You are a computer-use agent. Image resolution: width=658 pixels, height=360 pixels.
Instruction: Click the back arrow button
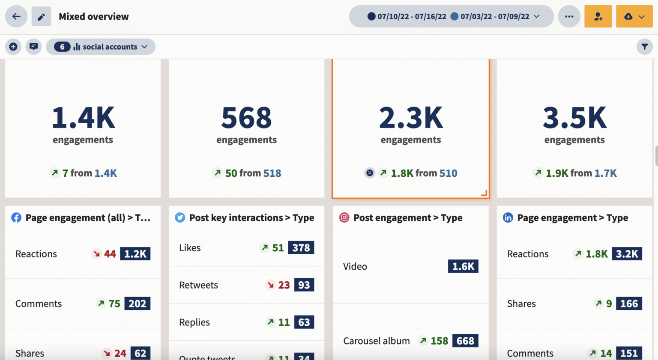[x=16, y=17]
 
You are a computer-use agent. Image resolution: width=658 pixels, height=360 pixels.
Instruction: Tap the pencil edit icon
[x=41, y=17]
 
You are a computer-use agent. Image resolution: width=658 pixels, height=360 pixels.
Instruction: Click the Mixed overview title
[x=93, y=17]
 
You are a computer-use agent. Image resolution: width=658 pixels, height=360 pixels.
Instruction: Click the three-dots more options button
[x=569, y=17]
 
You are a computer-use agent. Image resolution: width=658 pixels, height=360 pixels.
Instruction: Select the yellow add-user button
[x=598, y=17]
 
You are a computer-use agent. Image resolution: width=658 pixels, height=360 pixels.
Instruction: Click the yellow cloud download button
[x=634, y=17]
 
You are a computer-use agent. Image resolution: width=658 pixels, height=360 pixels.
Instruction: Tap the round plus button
[x=13, y=47]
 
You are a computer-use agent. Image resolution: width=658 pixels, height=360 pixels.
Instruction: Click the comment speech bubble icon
[x=33, y=47]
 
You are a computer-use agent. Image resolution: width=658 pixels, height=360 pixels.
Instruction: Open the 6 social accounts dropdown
[x=101, y=47]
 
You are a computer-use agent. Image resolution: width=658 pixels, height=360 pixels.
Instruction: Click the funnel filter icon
[x=644, y=47]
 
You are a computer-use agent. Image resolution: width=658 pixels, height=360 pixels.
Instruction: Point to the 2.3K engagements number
[x=410, y=118]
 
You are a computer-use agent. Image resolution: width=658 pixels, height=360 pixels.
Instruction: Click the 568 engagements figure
[x=246, y=118]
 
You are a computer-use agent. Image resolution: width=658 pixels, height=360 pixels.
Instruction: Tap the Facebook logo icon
[x=16, y=218]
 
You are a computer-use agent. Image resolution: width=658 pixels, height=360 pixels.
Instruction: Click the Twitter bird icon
[x=180, y=218]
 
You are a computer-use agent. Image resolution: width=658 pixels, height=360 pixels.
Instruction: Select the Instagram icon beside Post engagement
[x=344, y=218]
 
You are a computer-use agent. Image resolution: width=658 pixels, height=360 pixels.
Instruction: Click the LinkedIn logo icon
[x=508, y=218]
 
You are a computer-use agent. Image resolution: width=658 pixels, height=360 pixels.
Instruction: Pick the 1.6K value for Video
[x=463, y=266]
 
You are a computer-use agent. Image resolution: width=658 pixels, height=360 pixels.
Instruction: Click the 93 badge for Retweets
[x=304, y=285]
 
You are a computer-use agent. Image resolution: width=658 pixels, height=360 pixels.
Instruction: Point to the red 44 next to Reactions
[x=110, y=254]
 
